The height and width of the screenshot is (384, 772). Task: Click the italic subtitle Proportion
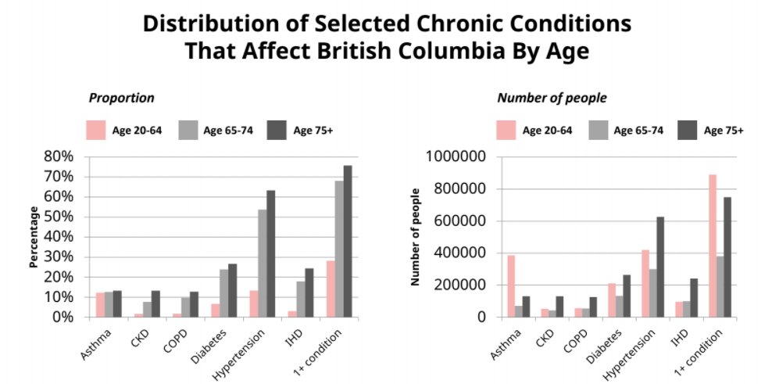tap(121, 98)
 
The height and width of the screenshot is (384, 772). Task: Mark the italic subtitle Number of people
tap(552, 98)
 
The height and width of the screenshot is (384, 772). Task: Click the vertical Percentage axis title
tap(34, 237)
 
